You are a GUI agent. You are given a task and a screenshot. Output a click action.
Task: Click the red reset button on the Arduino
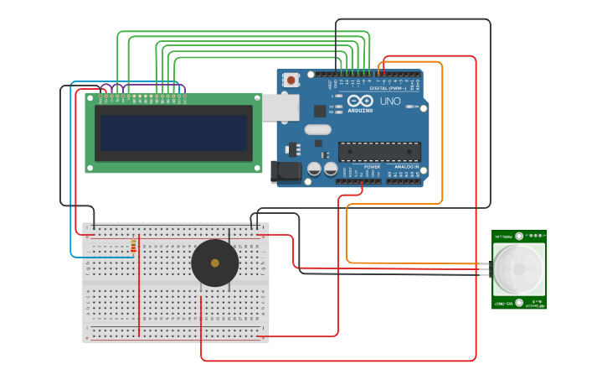[x=291, y=81]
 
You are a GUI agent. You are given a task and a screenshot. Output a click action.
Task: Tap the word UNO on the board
[x=390, y=102]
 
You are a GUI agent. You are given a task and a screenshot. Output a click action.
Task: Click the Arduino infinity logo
[x=361, y=102]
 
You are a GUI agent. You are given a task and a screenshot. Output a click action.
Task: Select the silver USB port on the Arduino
[x=280, y=107]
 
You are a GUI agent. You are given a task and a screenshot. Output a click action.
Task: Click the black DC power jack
[x=286, y=172]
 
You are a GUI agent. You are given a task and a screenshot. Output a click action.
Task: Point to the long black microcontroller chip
[x=379, y=152]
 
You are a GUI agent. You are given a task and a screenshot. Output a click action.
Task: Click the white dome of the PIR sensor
[x=518, y=269]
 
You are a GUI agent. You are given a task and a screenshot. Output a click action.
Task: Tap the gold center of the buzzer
[x=215, y=263]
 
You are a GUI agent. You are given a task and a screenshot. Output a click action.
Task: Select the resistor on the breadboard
[x=133, y=246]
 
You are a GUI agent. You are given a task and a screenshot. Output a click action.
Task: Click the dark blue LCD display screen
[x=173, y=133]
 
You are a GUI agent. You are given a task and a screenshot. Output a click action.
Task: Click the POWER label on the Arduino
[x=372, y=166]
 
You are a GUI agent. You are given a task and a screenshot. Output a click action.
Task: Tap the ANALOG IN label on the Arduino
[x=407, y=166]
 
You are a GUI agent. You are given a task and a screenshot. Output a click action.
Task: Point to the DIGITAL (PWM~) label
[x=388, y=87]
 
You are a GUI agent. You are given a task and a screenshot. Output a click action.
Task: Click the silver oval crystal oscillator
[x=318, y=129]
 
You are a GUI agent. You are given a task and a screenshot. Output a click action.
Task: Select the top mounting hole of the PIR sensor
[x=519, y=237]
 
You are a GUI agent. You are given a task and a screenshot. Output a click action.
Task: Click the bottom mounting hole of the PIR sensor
[x=519, y=303]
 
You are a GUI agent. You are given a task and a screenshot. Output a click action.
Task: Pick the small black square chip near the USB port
[x=320, y=111]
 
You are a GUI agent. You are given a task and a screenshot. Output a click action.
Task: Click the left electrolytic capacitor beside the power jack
[x=315, y=169]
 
